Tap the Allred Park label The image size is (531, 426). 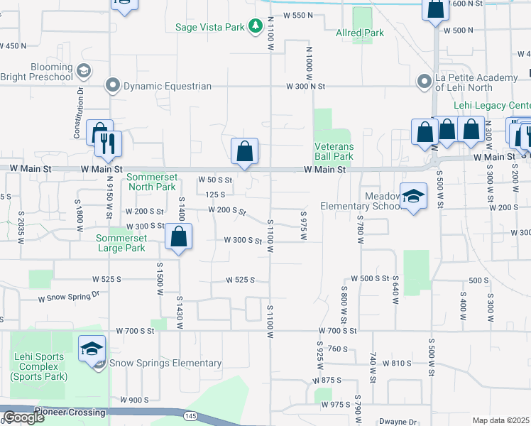coord(359,33)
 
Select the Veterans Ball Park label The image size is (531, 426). coord(334,151)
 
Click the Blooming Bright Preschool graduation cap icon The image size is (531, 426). coord(84,70)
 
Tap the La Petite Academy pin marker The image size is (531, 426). coord(425,82)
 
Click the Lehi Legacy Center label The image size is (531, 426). coord(491,105)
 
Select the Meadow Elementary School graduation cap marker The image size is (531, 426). coord(412,196)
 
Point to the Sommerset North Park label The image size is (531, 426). coord(150,182)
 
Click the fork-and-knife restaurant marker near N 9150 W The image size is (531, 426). coord(108,143)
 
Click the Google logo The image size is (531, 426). coord(23,417)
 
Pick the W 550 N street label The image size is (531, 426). coord(298,15)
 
